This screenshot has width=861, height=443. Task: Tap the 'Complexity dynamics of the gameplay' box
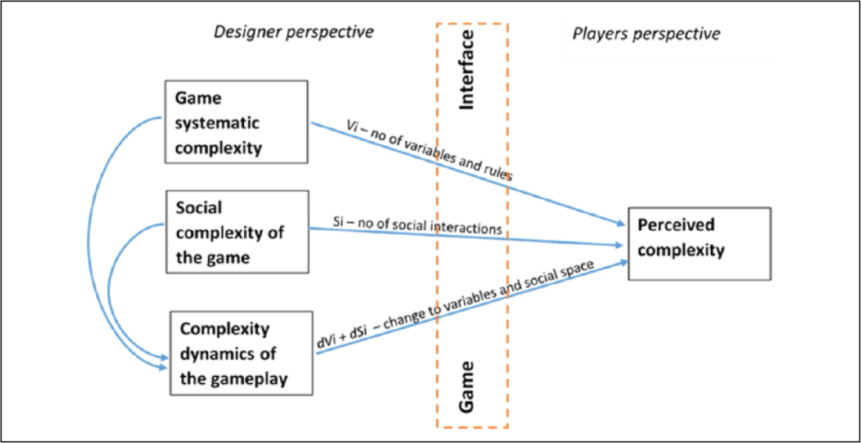click(x=239, y=354)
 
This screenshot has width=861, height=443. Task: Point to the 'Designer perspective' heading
click(x=293, y=32)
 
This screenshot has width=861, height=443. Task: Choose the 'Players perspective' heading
click(x=647, y=33)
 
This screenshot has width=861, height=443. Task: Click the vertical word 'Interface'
click(x=467, y=69)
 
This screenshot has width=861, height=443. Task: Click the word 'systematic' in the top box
click(x=218, y=124)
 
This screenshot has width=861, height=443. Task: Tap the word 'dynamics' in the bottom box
click(x=217, y=354)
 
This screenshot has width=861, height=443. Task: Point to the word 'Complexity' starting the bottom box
click(x=225, y=329)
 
